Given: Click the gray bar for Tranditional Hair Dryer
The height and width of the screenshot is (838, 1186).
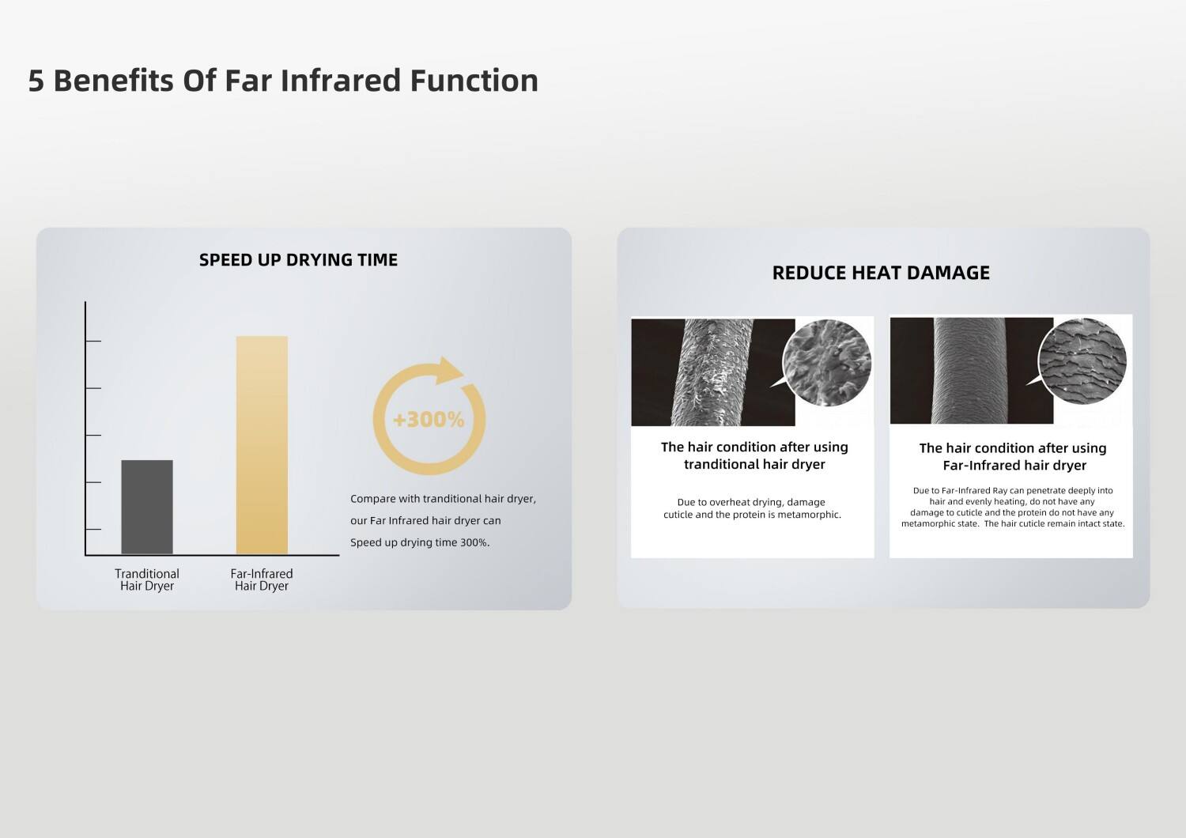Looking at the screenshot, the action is point(147,507).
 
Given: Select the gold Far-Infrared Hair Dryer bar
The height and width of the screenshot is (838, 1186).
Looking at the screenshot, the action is point(262,444).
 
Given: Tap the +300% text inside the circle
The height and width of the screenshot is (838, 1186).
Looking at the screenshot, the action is point(429,420).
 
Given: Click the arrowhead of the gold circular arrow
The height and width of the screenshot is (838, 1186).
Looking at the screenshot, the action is point(449,370).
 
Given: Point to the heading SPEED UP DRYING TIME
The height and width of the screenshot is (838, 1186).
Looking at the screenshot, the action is point(298,260).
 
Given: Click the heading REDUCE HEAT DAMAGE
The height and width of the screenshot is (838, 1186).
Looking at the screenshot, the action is point(881,273).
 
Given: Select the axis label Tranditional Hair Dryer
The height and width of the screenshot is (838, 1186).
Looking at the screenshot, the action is point(147,579).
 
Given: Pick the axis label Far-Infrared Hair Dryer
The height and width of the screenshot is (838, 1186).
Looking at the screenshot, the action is point(262,579).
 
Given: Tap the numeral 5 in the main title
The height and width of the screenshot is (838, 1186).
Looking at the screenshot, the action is point(36,81).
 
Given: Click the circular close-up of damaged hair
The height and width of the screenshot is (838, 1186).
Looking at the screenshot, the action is point(827,363).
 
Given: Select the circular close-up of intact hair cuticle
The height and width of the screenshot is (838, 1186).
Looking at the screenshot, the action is point(1082,361).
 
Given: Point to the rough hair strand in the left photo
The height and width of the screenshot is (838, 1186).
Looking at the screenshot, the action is point(712,372).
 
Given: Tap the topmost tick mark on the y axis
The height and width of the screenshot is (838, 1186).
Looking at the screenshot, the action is point(93,342).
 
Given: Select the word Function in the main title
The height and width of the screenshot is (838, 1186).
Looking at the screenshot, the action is point(474,81).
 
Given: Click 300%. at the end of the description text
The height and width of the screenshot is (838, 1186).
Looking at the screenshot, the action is point(474,542).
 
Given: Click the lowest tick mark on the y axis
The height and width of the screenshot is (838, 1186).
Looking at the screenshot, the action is point(93,530).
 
